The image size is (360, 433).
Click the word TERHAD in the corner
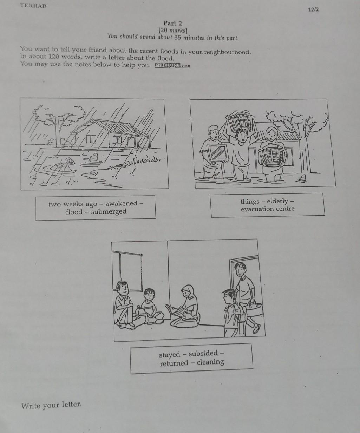click(33, 6)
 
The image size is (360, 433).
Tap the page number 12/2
click(313, 9)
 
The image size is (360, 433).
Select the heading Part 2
click(172, 23)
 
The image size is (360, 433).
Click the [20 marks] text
click(173, 31)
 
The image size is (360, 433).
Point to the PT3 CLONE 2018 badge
click(172, 66)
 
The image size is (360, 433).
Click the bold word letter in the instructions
click(116, 58)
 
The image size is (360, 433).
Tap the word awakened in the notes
click(121, 203)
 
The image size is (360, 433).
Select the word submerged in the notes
click(109, 212)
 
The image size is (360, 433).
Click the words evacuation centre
click(268, 209)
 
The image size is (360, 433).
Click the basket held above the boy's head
click(240, 121)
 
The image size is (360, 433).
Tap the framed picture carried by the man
click(218, 153)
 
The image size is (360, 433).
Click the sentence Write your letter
click(51, 405)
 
